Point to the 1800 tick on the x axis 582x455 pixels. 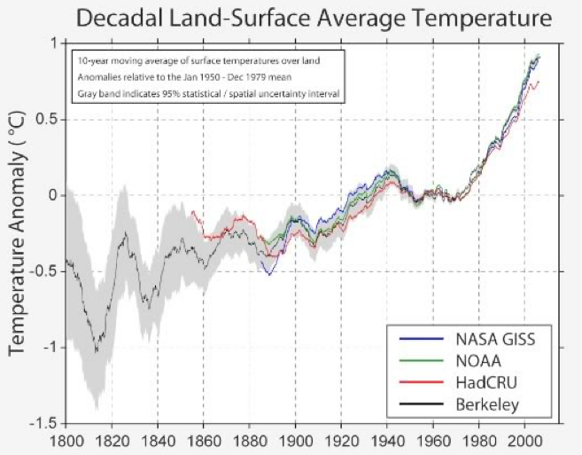coord(66,440)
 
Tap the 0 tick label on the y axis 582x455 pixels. coord(52,195)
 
